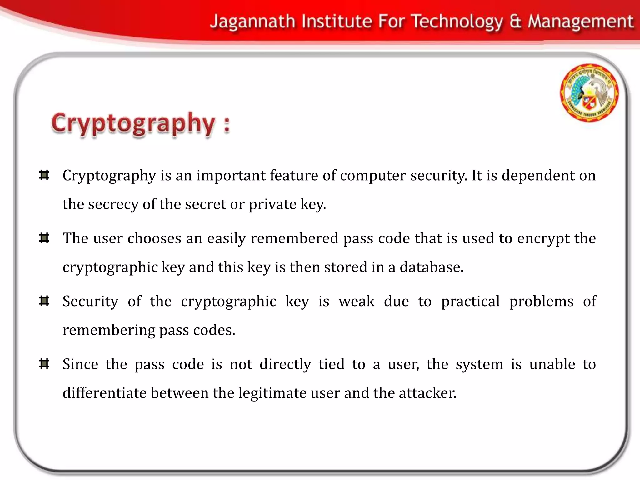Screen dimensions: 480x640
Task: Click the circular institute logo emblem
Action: tap(589, 92)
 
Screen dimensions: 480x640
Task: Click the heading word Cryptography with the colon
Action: tap(141, 124)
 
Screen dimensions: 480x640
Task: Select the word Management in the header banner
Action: tap(581, 22)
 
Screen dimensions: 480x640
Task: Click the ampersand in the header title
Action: tap(516, 22)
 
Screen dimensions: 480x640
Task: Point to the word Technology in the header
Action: tap(457, 22)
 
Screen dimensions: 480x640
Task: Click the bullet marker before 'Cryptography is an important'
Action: tap(44, 175)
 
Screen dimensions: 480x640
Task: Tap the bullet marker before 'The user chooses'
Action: tap(44, 238)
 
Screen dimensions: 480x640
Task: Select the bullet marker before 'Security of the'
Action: tap(44, 301)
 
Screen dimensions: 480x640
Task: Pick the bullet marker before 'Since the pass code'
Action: tap(44, 364)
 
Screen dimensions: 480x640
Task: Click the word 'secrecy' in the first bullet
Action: tap(113, 204)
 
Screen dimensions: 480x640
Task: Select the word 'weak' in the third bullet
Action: tap(357, 302)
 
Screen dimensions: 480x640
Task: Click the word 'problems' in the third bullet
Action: tap(541, 302)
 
